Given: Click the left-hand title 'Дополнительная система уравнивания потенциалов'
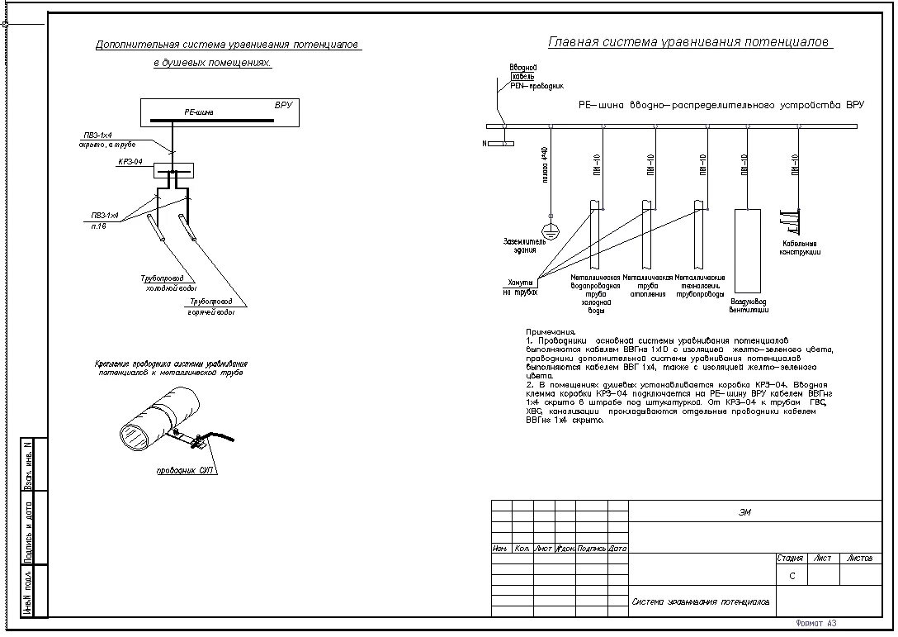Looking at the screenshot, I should pos(228,45).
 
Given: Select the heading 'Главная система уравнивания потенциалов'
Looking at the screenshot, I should pos(690,42).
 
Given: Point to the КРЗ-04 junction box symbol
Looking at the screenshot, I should pos(173,170).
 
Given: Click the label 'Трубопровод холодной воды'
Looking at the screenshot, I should pos(168,283).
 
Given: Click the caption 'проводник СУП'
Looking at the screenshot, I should pos(186,471).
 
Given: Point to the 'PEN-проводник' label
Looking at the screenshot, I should pos(536,85).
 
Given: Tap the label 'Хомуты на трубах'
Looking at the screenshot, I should pos(520,287).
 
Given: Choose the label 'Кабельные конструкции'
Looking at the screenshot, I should pos(799,247).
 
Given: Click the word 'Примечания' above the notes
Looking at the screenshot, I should pos(551,331).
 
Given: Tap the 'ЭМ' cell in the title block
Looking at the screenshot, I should pos(744,512).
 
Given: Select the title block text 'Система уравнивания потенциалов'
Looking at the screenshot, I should pos(701,601).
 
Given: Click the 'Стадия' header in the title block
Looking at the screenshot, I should pos(790,559).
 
